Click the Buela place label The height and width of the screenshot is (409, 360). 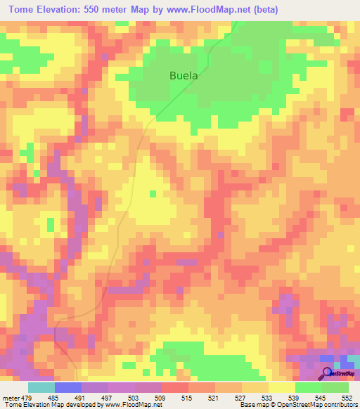point(184,75)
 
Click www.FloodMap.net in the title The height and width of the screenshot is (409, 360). point(211,10)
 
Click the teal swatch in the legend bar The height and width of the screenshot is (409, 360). point(41,388)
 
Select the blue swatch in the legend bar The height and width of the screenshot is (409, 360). point(68,388)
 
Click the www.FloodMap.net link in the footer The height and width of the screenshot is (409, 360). point(127,404)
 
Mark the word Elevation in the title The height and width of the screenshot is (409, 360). point(64,10)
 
